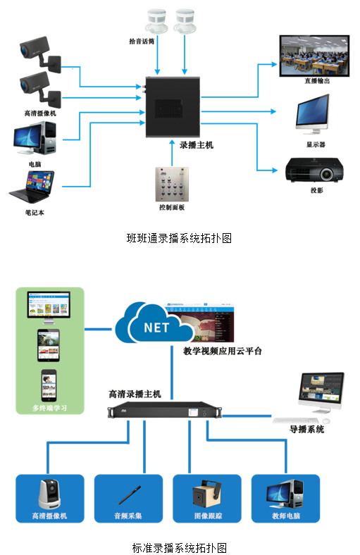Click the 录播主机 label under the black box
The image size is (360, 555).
click(196, 145)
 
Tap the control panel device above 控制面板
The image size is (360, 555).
click(172, 184)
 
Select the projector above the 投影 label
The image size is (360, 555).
click(314, 170)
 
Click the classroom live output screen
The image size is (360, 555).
click(314, 56)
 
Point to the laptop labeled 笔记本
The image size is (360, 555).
click(32, 187)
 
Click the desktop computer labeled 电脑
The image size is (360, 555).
click(35, 139)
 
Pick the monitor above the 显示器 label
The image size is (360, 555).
click(313, 114)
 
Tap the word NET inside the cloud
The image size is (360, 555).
click(156, 328)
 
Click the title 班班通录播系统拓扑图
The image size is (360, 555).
click(179, 238)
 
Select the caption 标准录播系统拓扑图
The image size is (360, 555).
click(179, 547)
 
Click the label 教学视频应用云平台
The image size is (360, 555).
click(223, 351)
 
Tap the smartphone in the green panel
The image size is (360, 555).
click(49, 385)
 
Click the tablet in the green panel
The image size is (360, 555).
click(49, 345)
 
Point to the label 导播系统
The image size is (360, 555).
click(306, 430)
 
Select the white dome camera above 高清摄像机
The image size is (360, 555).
click(49, 494)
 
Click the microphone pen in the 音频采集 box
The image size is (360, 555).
click(129, 495)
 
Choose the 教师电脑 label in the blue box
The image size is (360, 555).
click(285, 516)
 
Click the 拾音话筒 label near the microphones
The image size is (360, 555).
click(142, 42)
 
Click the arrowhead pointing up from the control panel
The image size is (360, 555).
click(172, 142)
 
